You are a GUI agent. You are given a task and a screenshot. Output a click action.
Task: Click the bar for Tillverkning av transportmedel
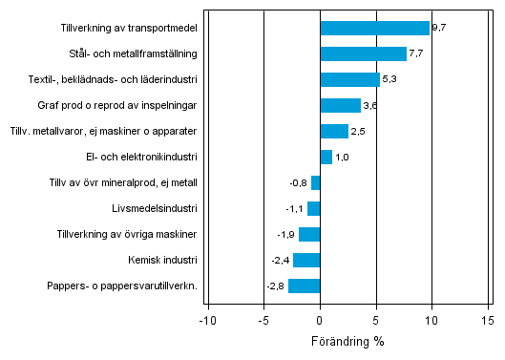[x=374, y=29]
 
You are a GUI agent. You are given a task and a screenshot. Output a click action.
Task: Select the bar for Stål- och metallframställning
[x=363, y=54]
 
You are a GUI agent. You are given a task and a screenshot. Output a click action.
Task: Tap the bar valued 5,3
[x=349, y=80]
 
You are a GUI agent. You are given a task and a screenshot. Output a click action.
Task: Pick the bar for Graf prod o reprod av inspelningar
[x=340, y=106]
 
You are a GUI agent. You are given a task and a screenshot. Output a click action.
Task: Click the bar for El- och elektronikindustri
[x=326, y=157]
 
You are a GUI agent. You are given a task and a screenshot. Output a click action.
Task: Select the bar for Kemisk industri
[x=305, y=260]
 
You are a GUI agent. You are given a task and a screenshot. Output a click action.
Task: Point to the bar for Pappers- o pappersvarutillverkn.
[x=304, y=286]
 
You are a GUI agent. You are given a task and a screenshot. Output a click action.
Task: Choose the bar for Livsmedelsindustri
[x=313, y=208]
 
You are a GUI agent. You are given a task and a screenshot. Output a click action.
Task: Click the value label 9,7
[x=439, y=29]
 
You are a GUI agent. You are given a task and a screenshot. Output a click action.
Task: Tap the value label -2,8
[x=276, y=286]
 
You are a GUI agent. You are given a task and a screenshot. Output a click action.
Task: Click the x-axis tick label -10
[x=206, y=320]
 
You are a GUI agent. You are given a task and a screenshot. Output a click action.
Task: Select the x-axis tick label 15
[x=487, y=320]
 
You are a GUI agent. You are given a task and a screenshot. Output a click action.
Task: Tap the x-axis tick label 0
[x=320, y=320]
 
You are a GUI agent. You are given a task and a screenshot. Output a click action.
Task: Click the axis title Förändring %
[x=347, y=341]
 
